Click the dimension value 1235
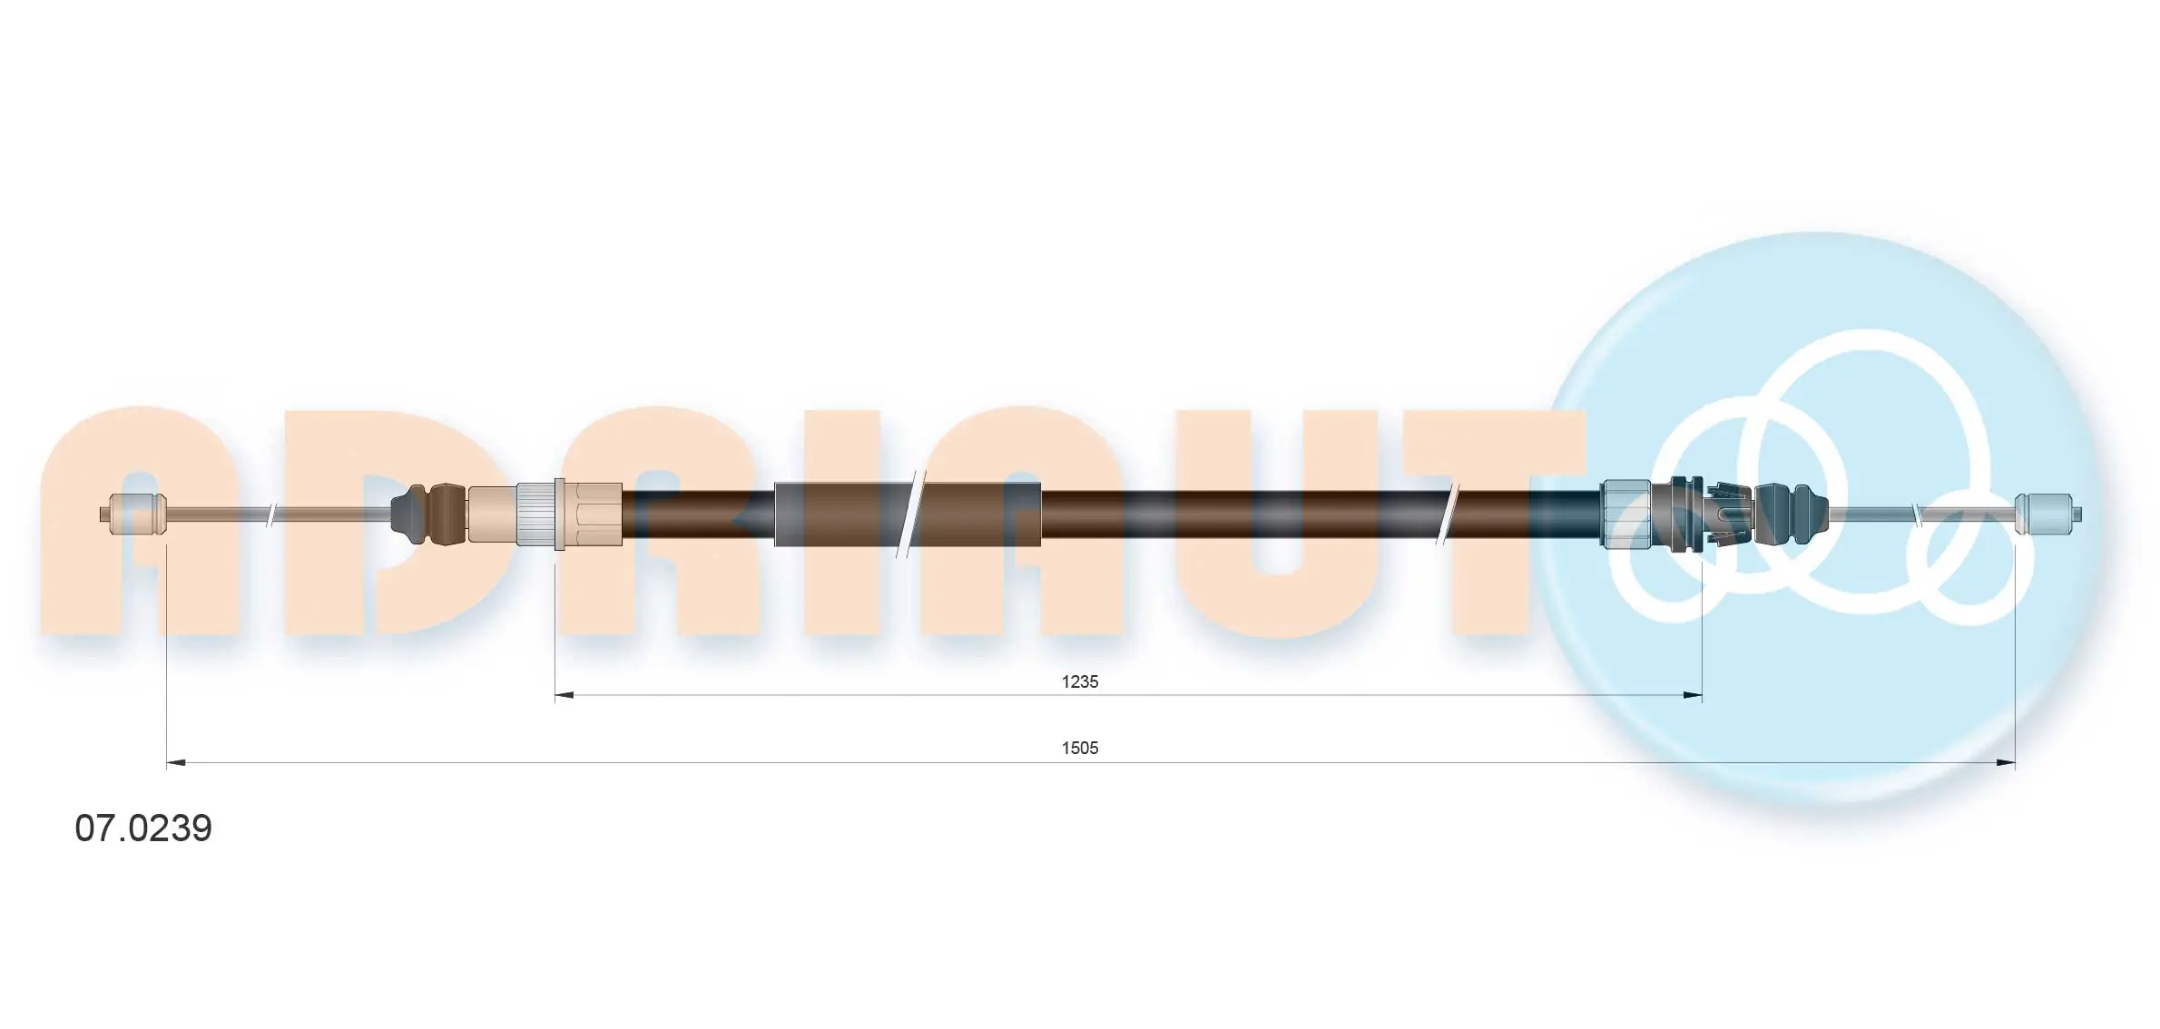click(1080, 681)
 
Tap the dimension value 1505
click(1080, 748)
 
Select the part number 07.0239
click(143, 828)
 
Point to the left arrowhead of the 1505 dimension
click(177, 763)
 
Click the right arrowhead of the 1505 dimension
click(2006, 763)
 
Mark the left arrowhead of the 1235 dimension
click(565, 696)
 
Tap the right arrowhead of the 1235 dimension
click(1692, 696)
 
